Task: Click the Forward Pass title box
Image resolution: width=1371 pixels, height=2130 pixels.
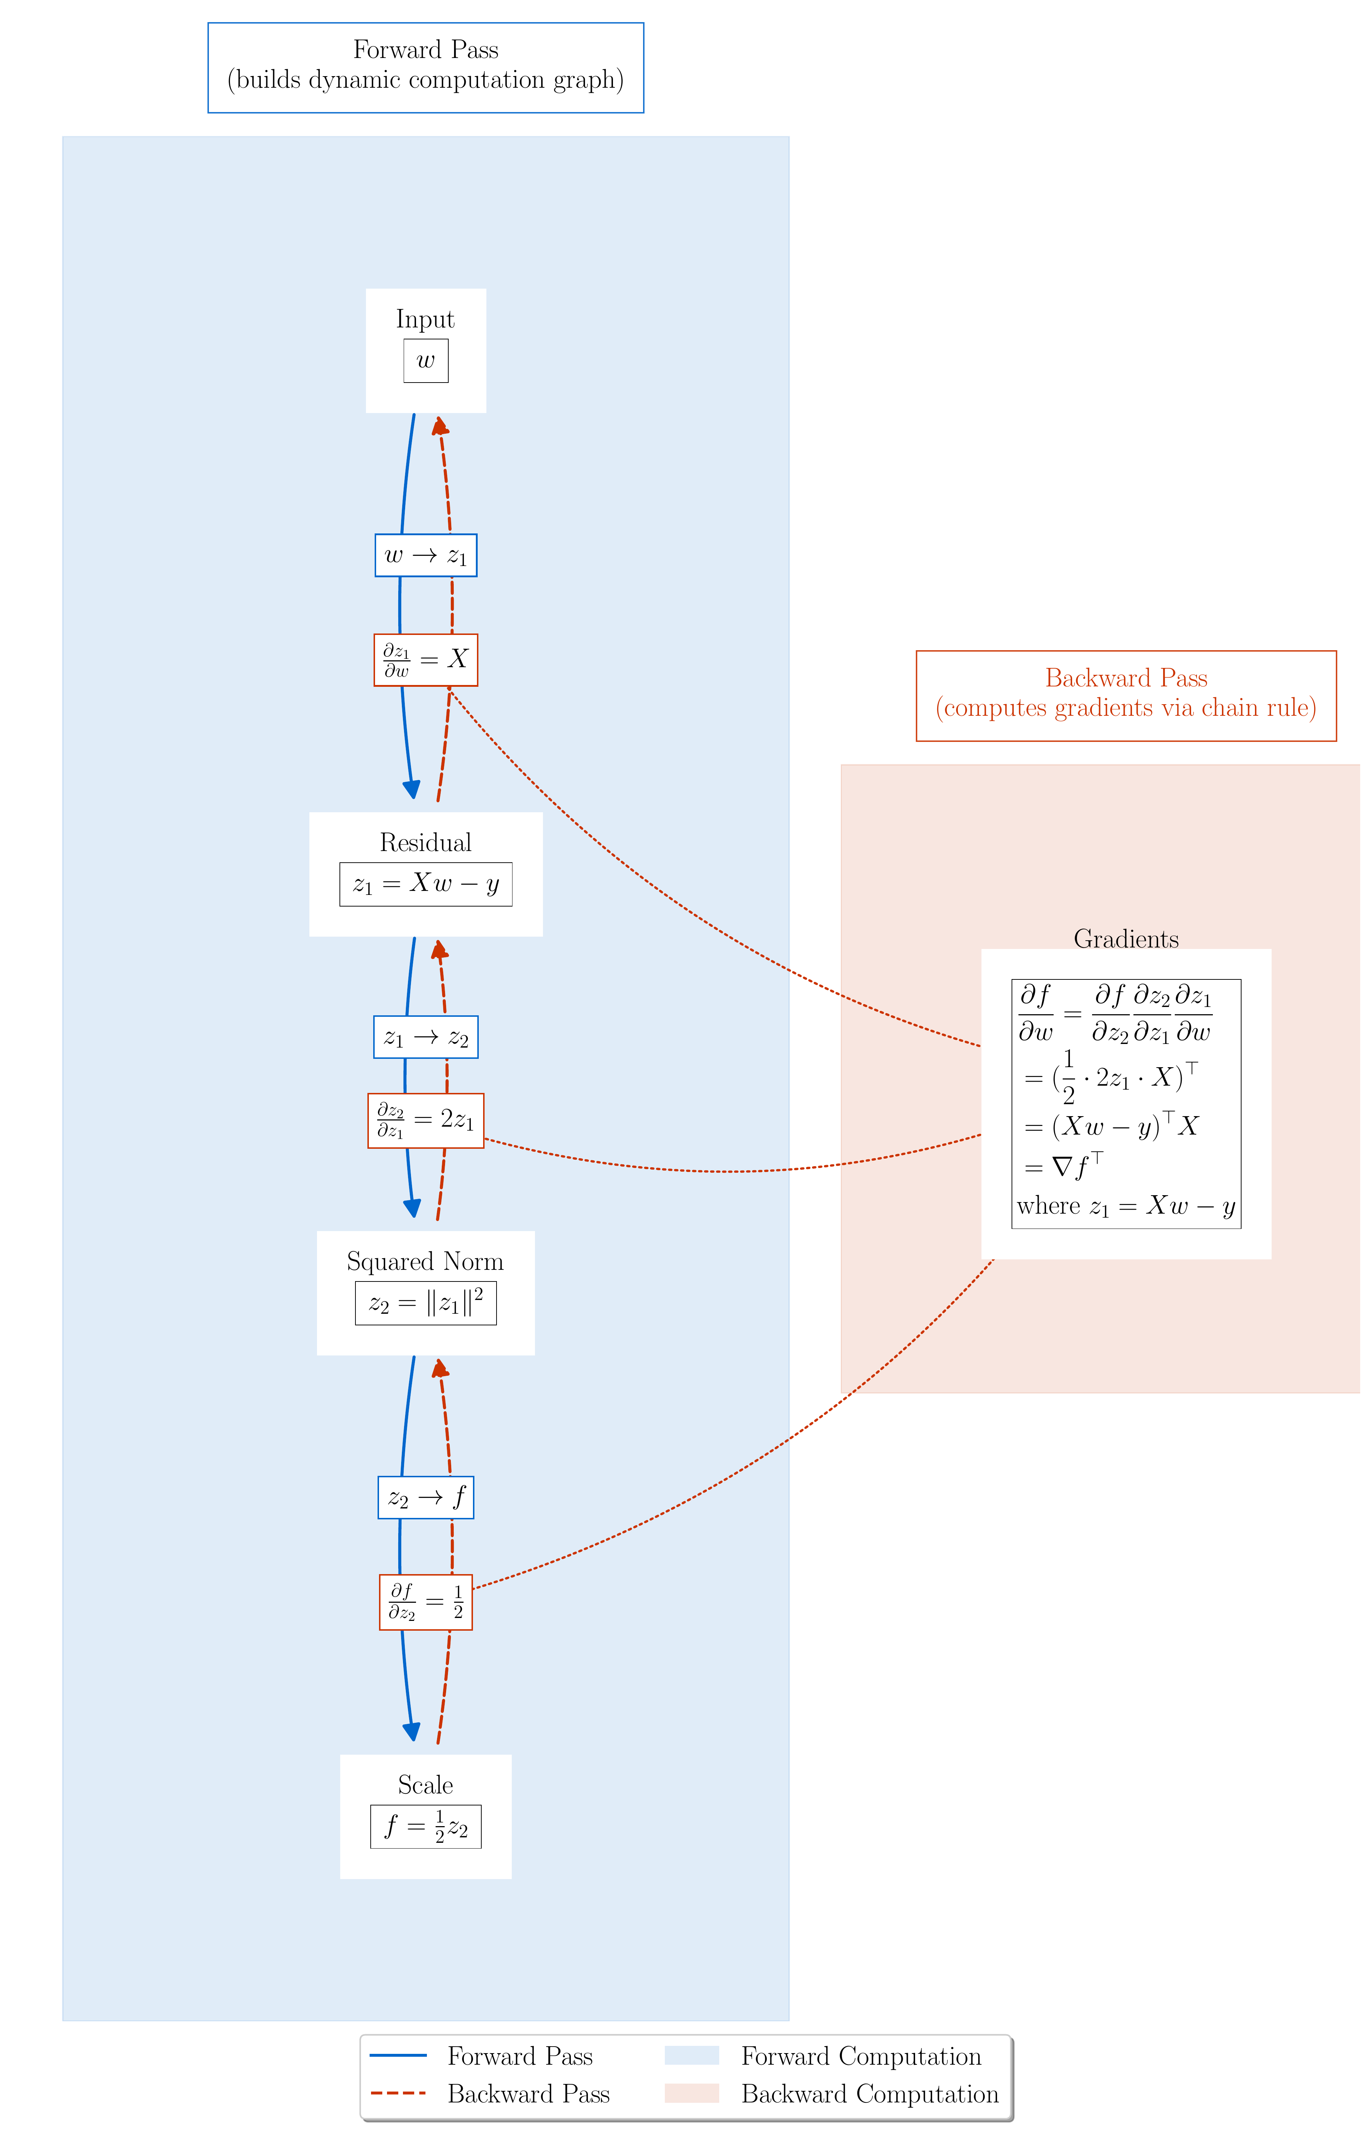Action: [425, 68]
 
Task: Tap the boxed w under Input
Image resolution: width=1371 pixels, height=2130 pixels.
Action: [425, 360]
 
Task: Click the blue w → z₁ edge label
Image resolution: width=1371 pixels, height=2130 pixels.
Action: [425, 556]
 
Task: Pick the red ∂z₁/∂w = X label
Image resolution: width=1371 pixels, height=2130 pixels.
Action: [425, 660]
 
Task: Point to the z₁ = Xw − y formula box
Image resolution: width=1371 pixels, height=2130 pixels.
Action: [425, 884]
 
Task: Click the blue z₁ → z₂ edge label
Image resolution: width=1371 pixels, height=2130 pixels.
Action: [425, 1037]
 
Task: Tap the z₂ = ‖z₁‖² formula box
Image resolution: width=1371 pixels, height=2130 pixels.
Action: [425, 1303]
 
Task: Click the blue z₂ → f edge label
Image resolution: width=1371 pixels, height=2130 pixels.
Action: [425, 1497]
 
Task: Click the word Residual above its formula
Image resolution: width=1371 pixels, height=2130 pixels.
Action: [425, 842]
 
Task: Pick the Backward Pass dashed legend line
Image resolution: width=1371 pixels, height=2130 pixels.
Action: [398, 2093]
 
